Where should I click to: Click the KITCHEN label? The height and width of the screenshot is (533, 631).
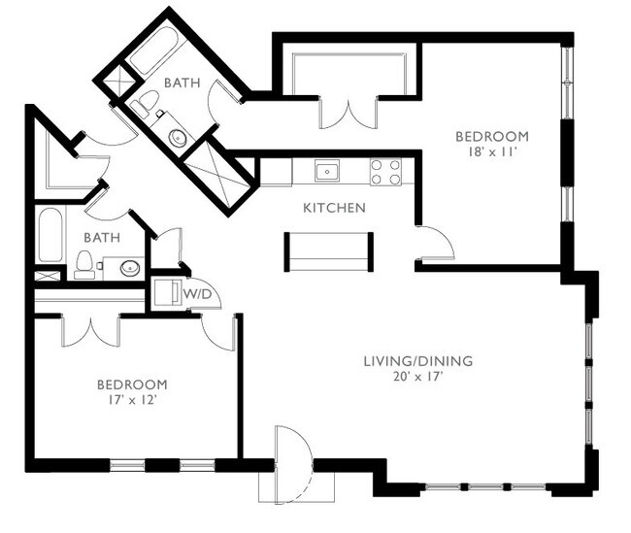pyautogui.click(x=334, y=208)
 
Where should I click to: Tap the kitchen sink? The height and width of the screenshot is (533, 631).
pyautogui.click(x=328, y=173)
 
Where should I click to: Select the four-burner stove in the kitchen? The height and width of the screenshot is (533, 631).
pyautogui.click(x=385, y=172)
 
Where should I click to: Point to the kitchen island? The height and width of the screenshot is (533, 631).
pyautogui.click(x=328, y=250)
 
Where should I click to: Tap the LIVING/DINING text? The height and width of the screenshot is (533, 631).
pyautogui.click(x=417, y=361)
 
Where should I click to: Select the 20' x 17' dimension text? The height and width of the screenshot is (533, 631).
pyautogui.click(x=417, y=377)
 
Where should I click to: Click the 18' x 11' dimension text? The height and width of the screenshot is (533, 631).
pyautogui.click(x=492, y=151)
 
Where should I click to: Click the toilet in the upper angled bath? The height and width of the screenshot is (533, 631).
pyautogui.click(x=144, y=104)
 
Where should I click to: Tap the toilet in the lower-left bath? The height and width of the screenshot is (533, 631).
pyautogui.click(x=84, y=264)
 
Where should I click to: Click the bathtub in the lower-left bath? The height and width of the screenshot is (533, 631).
pyautogui.click(x=50, y=237)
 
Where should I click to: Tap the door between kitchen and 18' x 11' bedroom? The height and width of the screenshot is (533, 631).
pyautogui.click(x=434, y=243)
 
